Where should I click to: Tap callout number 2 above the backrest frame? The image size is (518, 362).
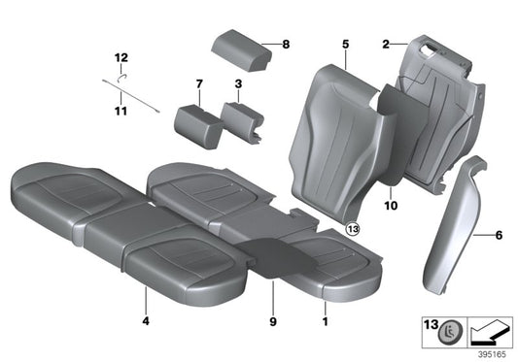[x=386, y=44]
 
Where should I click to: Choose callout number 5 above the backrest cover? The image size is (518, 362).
[x=344, y=44]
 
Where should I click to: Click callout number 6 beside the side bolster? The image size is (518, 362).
[x=500, y=235]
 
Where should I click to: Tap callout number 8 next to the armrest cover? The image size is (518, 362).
[x=286, y=44]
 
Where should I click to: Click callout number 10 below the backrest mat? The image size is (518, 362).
[x=392, y=206]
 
